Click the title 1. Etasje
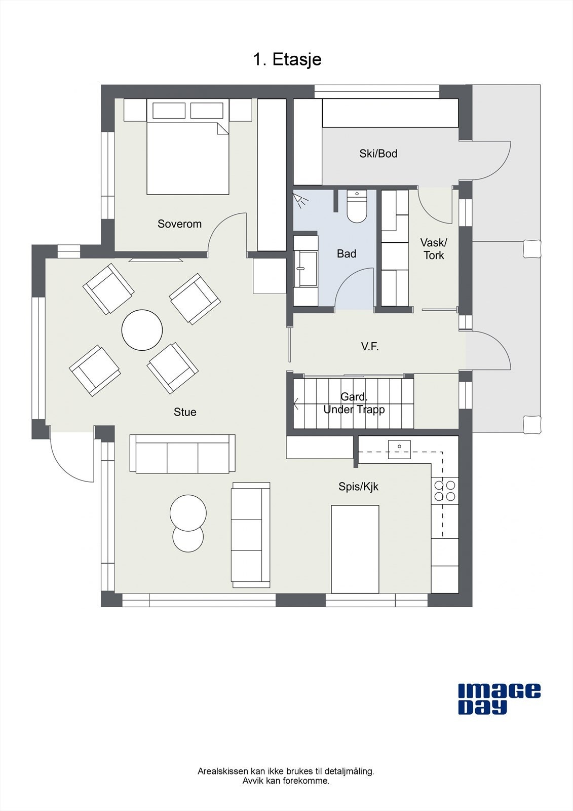pyautogui.click(x=287, y=59)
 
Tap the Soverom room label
pyautogui.click(x=179, y=224)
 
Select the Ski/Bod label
pyautogui.click(x=378, y=154)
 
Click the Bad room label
pyautogui.click(x=347, y=253)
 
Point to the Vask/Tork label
pyautogui.click(x=434, y=249)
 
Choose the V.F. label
pyautogui.click(x=369, y=347)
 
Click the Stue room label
pyautogui.click(x=185, y=412)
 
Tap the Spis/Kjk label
pyautogui.click(x=358, y=487)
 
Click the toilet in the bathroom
pyautogui.click(x=357, y=206)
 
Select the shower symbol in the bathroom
pyautogui.click(x=300, y=200)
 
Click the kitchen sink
pyautogui.click(x=399, y=449)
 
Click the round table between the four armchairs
pyautogui.click(x=142, y=330)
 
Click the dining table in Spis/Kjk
pyautogui.click(x=355, y=549)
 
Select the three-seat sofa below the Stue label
pyautogui.click(x=182, y=454)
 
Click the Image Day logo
pyautogui.click(x=499, y=699)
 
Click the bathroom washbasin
pyautogui.click(x=305, y=268)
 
